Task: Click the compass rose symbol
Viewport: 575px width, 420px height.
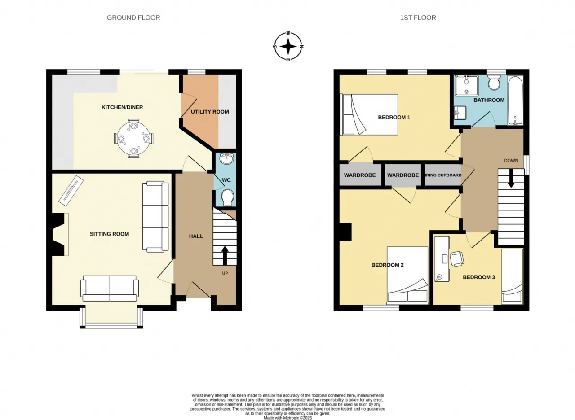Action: (288, 46)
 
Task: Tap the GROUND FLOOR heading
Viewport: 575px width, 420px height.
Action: (133, 17)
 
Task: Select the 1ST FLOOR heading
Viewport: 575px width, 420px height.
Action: (418, 17)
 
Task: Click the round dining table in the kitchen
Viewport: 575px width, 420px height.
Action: (133, 139)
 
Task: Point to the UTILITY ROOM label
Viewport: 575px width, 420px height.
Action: (210, 112)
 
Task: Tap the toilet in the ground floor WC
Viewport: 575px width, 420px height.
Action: (227, 198)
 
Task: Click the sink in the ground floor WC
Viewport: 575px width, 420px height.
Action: (227, 158)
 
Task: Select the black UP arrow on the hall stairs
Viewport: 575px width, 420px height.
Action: (225, 255)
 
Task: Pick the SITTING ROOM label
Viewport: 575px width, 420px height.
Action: (109, 234)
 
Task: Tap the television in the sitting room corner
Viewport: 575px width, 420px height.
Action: (71, 190)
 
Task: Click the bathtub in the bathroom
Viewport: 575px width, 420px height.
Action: (515, 100)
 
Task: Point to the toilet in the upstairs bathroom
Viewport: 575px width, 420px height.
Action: (494, 83)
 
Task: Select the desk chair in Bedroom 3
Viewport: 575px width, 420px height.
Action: (457, 258)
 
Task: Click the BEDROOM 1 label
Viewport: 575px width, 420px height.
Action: (394, 118)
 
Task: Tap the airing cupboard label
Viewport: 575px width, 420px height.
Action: (443, 175)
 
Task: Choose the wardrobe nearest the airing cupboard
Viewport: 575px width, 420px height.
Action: (403, 175)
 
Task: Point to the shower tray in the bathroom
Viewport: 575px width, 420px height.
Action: (466, 86)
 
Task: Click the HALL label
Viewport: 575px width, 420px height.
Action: (196, 236)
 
